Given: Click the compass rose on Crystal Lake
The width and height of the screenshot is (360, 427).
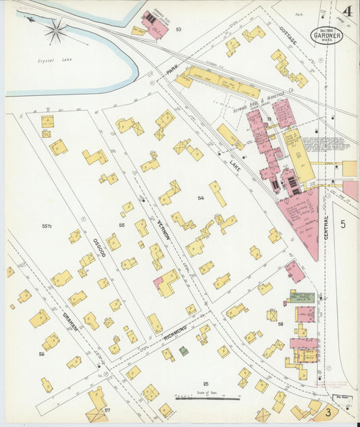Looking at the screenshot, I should tap(56, 30).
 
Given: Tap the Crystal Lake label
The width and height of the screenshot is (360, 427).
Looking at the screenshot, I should tap(55, 59).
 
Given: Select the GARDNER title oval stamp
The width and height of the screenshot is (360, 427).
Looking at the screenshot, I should tap(326, 35).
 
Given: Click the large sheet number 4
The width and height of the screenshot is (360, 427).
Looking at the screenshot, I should tap(346, 11).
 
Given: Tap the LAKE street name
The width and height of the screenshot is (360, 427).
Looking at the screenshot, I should tap(234, 163).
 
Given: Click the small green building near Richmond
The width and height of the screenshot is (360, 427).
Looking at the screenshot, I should tap(184, 351).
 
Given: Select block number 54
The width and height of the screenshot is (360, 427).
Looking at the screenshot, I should tap(201, 197).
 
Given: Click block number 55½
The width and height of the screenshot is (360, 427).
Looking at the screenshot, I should tap(46, 226).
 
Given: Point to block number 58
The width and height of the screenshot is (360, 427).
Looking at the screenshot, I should tap(280, 325).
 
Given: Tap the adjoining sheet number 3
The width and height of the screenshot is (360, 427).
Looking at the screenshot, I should tap(329, 411).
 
